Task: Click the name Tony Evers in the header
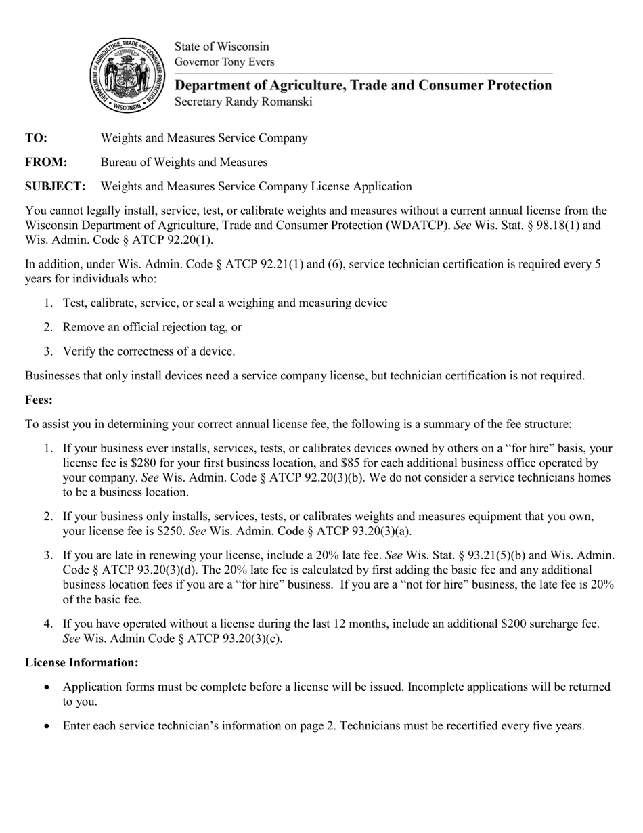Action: (248, 62)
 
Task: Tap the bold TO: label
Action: (37, 138)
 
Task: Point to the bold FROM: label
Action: (46, 163)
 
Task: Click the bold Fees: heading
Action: (39, 400)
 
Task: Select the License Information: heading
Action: (82, 662)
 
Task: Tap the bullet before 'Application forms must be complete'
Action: (47, 687)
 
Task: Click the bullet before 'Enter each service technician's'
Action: (47, 726)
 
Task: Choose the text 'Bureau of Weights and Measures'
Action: (184, 163)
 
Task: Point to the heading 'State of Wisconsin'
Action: (222, 47)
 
